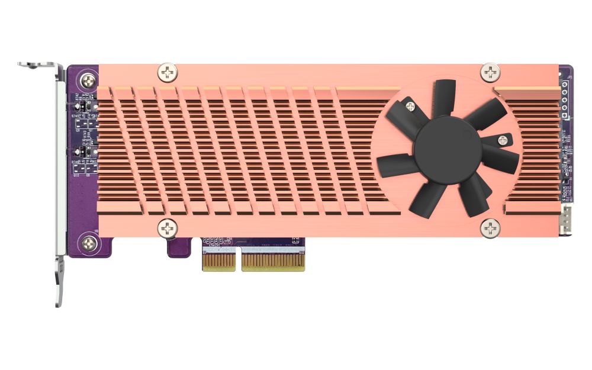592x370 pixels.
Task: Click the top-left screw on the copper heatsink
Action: coord(168,73)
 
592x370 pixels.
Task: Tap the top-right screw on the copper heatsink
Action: coord(490,73)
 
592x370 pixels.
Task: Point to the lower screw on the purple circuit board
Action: coord(89,242)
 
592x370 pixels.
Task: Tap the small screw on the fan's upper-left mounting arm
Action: coord(410,106)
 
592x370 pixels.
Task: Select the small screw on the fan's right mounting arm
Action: coord(503,140)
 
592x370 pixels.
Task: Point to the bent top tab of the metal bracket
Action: coord(39,65)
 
